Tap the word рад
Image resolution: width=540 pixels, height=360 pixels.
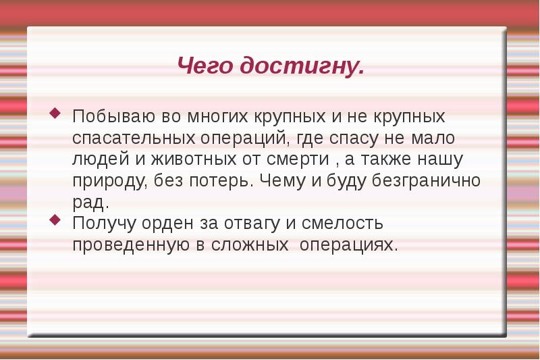click(x=89, y=202)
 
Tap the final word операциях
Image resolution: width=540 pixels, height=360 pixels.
click(x=347, y=245)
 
